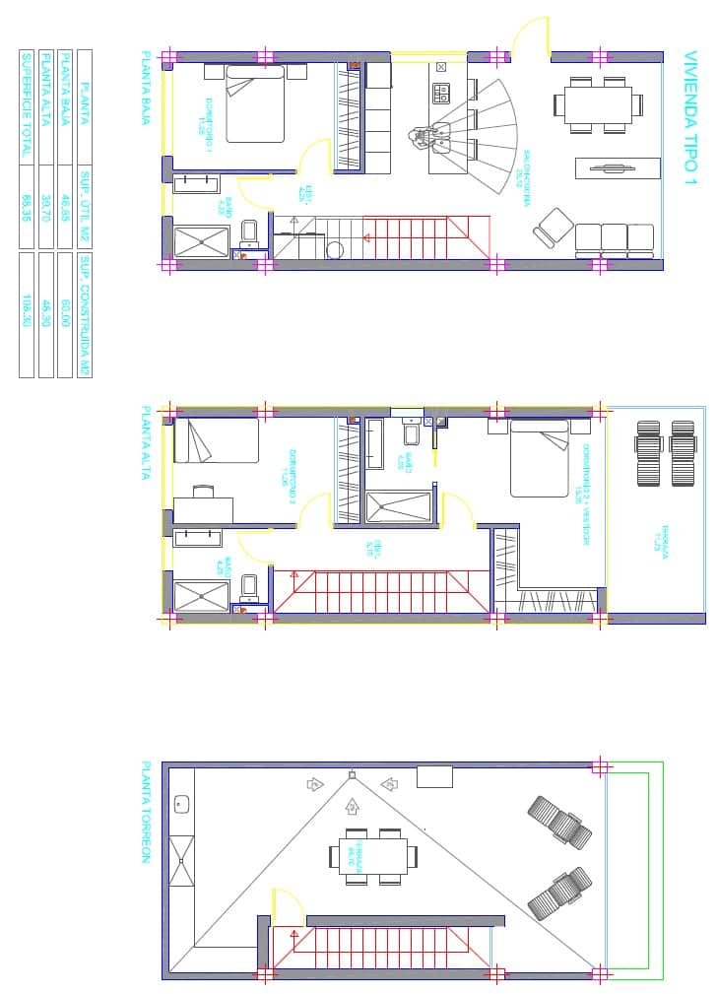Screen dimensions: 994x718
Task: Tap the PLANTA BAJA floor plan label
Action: coord(147,89)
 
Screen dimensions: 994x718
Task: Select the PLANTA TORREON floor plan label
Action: coord(146,812)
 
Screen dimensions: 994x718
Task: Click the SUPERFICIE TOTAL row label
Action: coord(27,105)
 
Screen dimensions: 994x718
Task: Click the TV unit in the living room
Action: coord(617,168)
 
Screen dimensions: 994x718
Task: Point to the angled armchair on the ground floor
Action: coord(554,229)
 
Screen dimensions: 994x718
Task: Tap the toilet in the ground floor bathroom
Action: coord(248,233)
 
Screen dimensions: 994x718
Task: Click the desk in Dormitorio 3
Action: coord(204,508)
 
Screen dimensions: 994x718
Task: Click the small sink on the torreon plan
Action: coord(182,805)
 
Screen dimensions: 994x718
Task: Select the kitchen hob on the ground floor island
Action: coord(441,94)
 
